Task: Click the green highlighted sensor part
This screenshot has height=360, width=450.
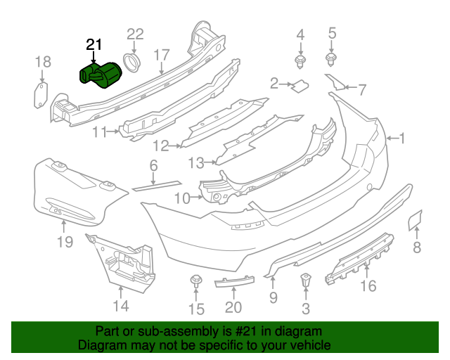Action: (x=101, y=75)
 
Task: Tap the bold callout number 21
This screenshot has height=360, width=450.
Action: (x=94, y=45)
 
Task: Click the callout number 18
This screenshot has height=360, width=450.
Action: (x=43, y=62)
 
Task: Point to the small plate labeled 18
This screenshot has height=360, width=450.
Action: (x=41, y=96)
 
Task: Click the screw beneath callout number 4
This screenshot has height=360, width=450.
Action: (x=300, y=62)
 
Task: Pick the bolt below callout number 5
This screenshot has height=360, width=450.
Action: (x=331, y=60)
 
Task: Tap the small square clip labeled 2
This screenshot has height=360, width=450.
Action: (x=300, y=86)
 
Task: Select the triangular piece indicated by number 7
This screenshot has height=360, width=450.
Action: (x=335, y=82)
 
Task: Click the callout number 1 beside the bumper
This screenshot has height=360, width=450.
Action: (x=401, y=138)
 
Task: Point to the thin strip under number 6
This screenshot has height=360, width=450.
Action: (x=157, y=186)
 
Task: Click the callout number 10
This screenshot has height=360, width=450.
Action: (x=182, y=198)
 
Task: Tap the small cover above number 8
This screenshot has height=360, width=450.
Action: (x=415, y=220)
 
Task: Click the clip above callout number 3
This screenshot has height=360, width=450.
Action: (x=305, y=280)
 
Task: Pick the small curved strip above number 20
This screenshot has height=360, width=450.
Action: (x=234, y=281)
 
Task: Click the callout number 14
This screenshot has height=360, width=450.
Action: (x=121, y=306)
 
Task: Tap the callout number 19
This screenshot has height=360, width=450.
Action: (x=65, y=242)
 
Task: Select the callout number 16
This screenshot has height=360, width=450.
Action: (x=368, y=285)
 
